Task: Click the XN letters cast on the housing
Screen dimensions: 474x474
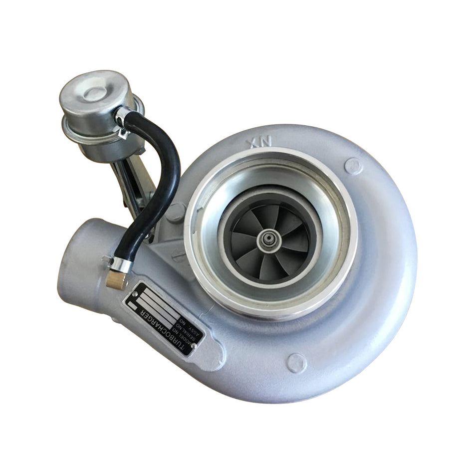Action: point(259,142)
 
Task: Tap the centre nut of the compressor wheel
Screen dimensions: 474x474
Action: point(269,241)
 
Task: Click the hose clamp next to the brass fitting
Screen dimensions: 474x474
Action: point(120,264)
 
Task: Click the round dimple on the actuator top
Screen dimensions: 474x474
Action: point(95,93)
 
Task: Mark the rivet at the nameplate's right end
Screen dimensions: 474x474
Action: point(193,345)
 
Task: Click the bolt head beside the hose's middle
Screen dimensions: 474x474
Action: point(176,212)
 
